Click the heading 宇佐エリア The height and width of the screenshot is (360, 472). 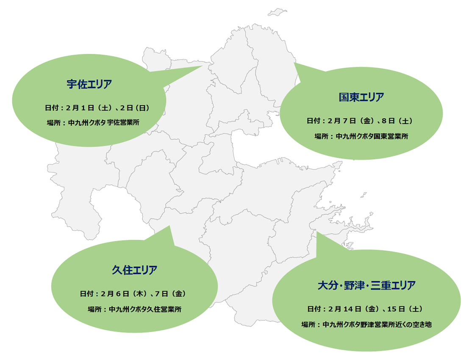(x=89, y=84)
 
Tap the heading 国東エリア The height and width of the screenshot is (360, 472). (x=361, y=97)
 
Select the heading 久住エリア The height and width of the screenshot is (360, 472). (x=135, y=270)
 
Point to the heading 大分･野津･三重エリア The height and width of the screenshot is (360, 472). (x=366, y=285)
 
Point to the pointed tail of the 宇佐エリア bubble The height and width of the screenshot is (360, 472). (x=202, y=66)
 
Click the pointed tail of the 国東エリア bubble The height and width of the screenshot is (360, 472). (x=295, y=63)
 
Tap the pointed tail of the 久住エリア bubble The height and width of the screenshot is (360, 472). (x=169, y=226)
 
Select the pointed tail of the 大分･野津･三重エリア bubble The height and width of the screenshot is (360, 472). (x=317, y=232)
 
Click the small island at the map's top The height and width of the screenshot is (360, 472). (x=277, y=12)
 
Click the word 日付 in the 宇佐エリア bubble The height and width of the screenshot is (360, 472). (x=51, y=108)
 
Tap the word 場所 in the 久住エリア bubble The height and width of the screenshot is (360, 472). (x=94, y=310)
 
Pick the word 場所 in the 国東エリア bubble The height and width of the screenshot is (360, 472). (x=322, y=136)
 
